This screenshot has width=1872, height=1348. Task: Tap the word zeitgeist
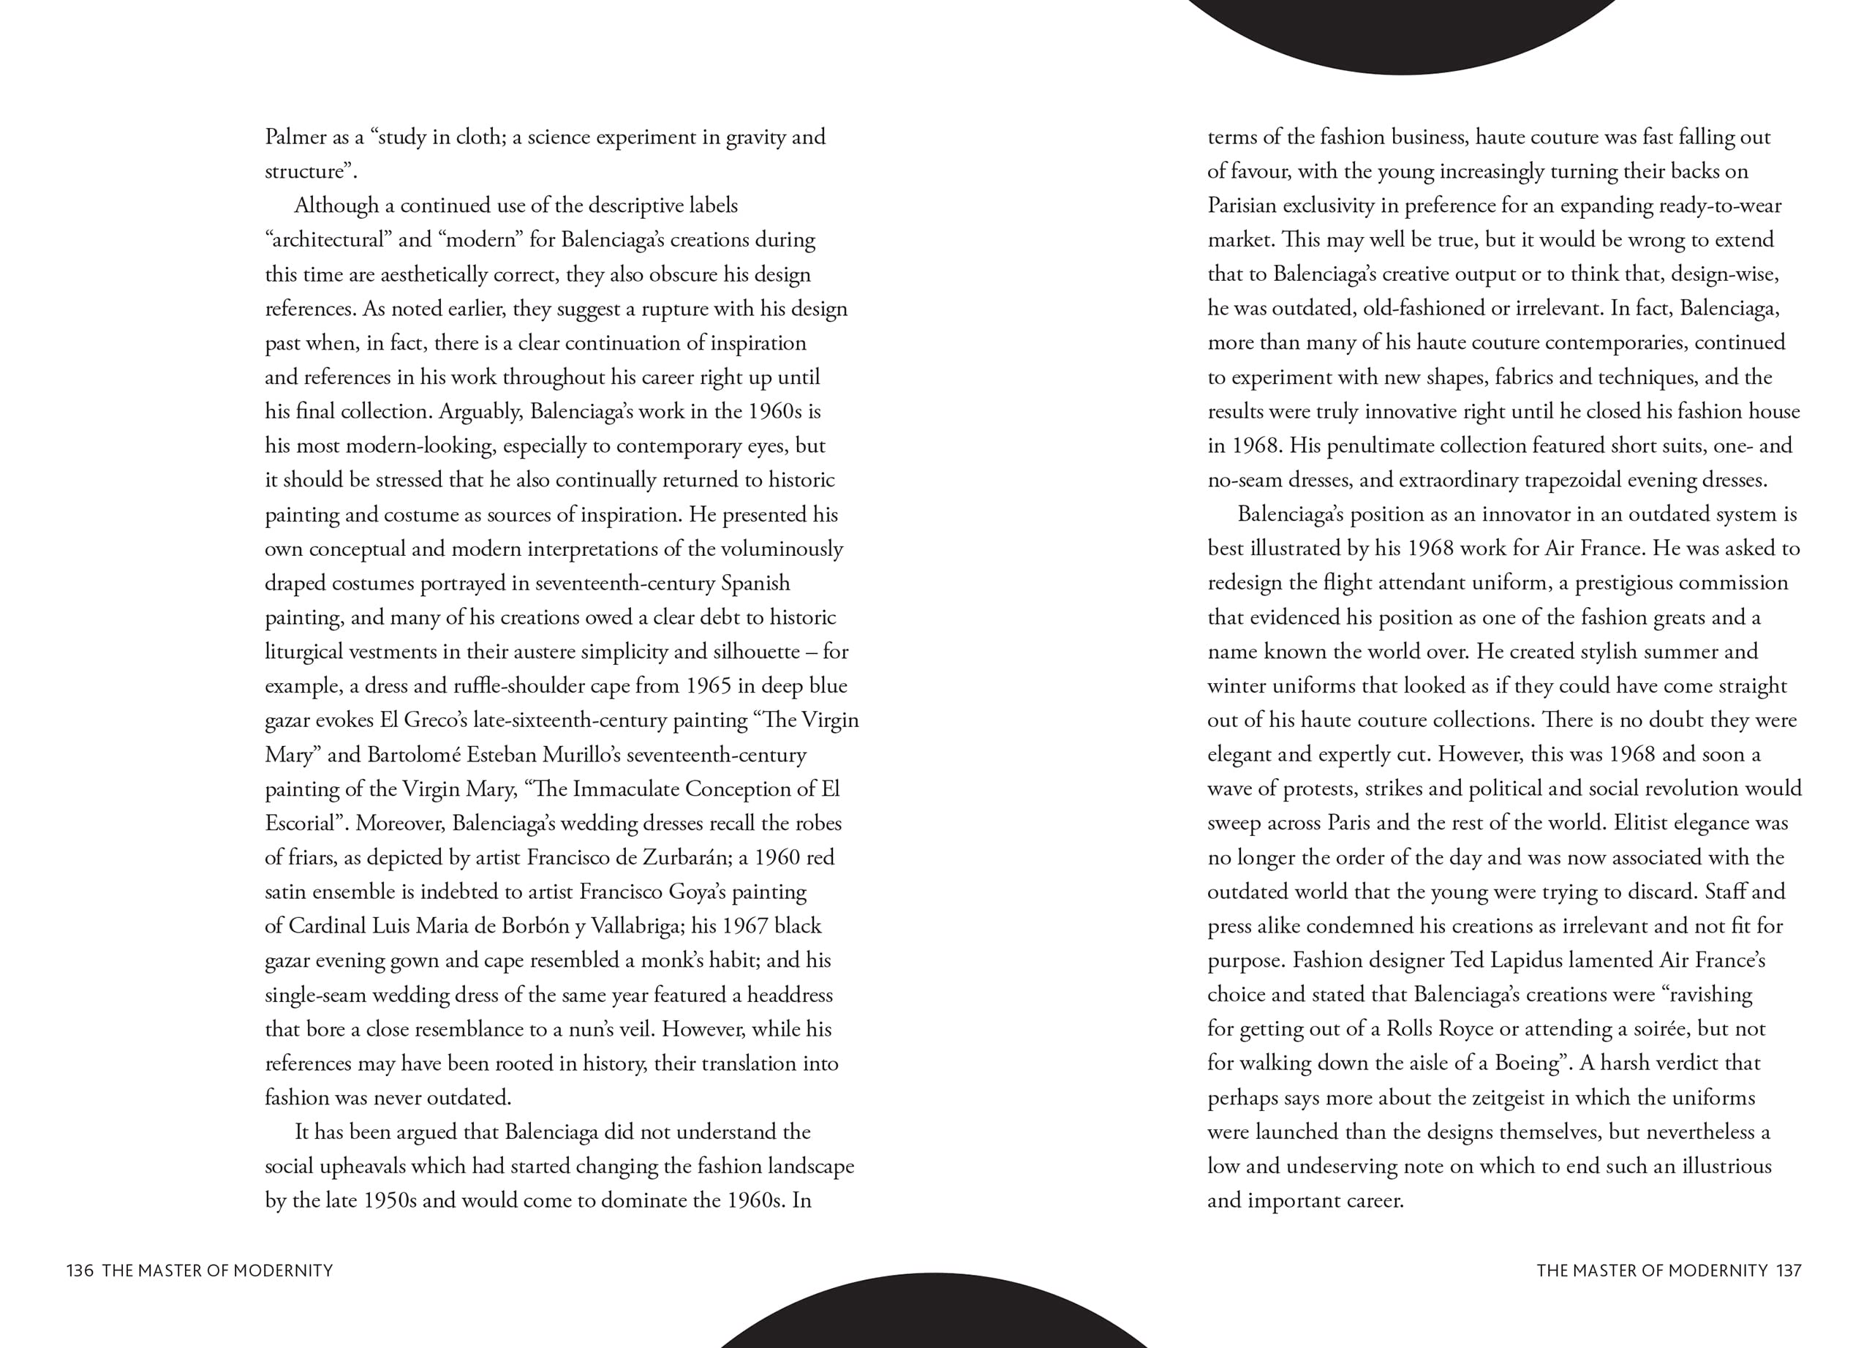tap(1506, 1098)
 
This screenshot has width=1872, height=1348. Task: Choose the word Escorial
tap(303, 824)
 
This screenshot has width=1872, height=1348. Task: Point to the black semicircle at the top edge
tap(1403, 33)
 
